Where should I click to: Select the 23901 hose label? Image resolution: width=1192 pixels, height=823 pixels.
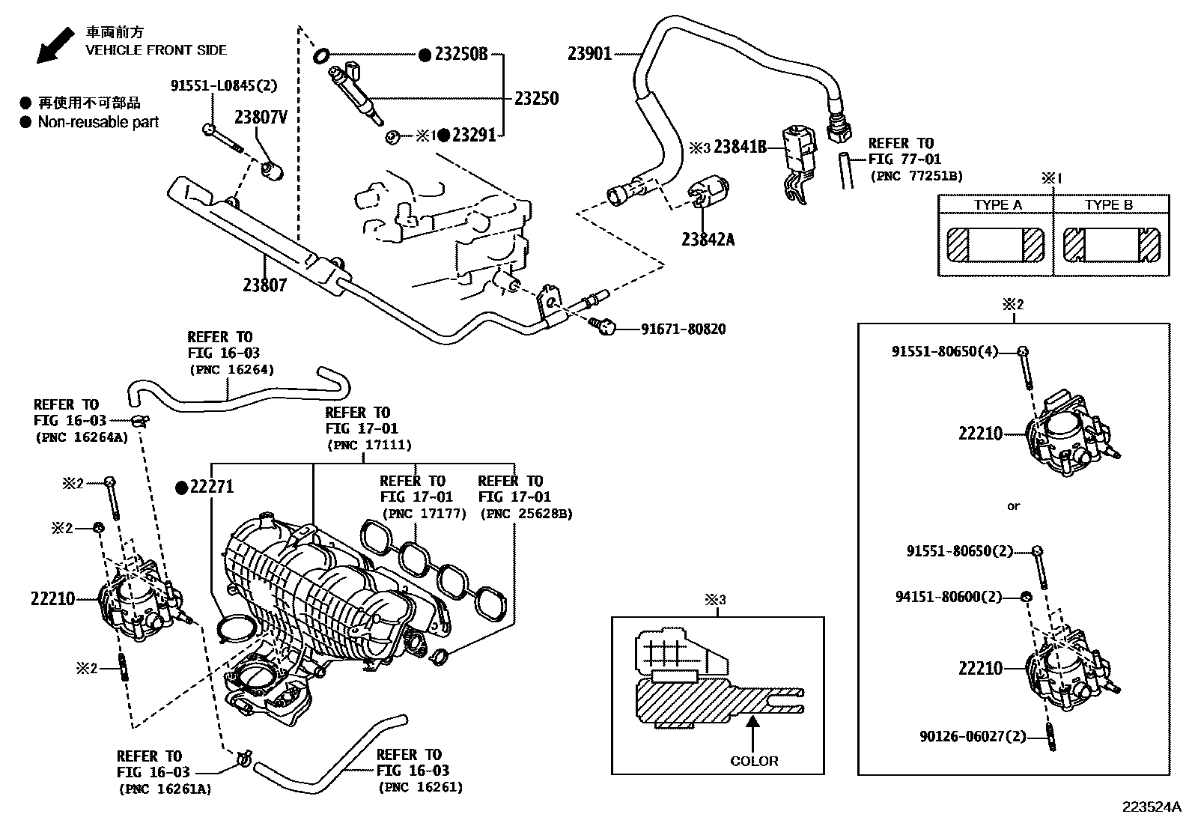589,53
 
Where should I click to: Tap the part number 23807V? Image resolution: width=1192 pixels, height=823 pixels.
261,118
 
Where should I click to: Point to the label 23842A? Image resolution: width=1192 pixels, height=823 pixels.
708,240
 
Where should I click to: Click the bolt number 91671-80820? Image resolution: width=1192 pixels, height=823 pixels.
682,329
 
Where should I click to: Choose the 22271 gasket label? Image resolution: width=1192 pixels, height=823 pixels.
212,487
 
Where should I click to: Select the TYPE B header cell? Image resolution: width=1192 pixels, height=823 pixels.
1109,205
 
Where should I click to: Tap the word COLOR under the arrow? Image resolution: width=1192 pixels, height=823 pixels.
754,761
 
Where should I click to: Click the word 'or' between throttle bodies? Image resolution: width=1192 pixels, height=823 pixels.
1013,506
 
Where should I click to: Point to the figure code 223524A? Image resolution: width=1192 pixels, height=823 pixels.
1150,807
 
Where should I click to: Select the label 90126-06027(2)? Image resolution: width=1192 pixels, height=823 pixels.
972,736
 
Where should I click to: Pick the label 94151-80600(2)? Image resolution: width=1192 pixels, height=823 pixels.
948,597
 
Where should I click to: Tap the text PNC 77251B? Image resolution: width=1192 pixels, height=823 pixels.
916,176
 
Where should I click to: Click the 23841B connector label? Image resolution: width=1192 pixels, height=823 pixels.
740,147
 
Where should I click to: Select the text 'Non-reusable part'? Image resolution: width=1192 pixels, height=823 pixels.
98,121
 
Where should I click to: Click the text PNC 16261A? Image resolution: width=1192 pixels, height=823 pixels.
165,788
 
